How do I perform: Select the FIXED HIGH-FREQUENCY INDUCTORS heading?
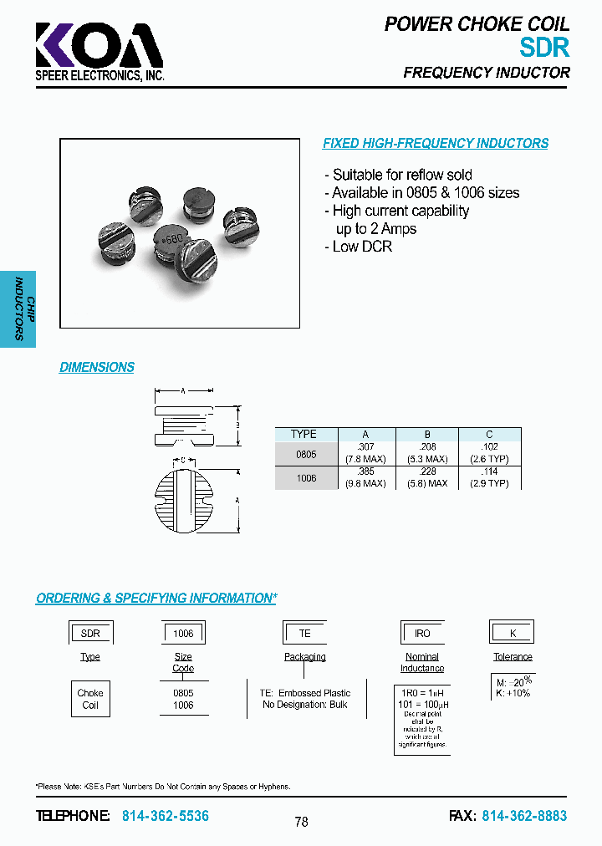click(x=436, y=144)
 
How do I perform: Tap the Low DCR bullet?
click(x=358, y=247)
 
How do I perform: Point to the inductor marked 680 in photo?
click(x=173, y=242)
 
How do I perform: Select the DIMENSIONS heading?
click(x=97, y=367)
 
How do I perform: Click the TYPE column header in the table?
click(x=304, y=434)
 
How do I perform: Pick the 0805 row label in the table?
click(x=306, y=453)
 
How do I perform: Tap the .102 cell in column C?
click(x=489, y=446)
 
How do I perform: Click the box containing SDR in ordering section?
click(x=90, y=634)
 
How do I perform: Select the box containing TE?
click(x=305, y=634)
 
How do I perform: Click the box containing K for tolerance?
click(x=513, y=634)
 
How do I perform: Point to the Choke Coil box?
click(x=90, y=699)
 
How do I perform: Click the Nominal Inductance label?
click(x=422, y=662)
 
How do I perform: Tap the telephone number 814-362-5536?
click(x=166, y=816)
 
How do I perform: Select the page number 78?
click(x=302, y=822)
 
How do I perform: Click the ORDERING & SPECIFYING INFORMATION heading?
click(x=156, y=599)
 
